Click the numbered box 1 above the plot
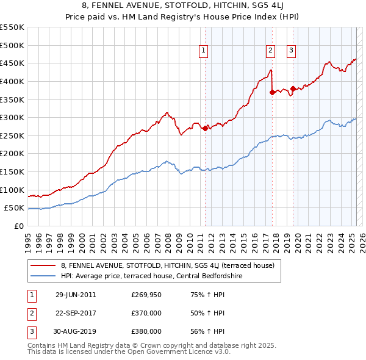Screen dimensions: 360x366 coord(203,51)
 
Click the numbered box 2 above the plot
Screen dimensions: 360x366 coord(270,51)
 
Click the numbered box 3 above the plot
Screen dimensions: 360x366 coord(292,51)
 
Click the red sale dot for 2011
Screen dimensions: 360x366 coord(205,128)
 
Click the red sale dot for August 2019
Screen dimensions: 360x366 coord(293,88)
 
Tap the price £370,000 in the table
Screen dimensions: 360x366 coord(146,313)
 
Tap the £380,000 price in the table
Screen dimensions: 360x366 coord(146,331)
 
